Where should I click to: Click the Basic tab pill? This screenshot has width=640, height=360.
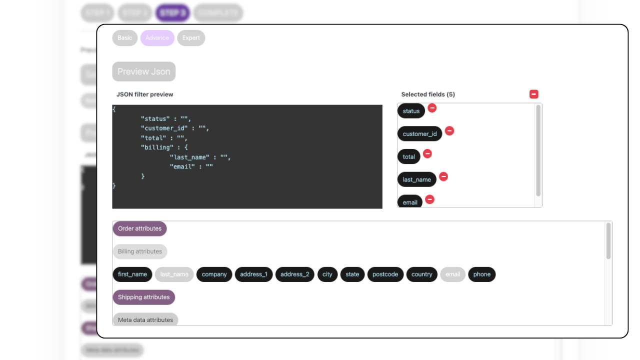(x=125, y=38)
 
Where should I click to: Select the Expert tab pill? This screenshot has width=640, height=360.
(x=191, y=38)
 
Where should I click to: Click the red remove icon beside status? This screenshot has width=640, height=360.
(x=432, y=108)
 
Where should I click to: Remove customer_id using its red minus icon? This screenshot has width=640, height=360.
(x=449, y=131)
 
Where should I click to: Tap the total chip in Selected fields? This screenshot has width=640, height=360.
(x=409, y=156)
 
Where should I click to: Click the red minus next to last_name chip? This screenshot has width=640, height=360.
(x=443, y=176)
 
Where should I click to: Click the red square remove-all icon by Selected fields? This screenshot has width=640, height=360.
(x=534, y=94)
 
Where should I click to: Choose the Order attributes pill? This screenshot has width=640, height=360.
(x=139, y=228)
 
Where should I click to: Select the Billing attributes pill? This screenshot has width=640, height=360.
(x=140, y=251)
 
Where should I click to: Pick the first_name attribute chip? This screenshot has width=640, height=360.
(x=132, y=274)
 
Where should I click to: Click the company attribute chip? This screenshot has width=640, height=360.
(x=214, y=274)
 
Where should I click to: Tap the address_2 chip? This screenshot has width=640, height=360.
(x=294, y=274)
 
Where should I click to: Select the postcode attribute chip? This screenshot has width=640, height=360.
(x=385, y=274)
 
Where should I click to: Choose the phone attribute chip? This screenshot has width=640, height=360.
(x=482, y=274)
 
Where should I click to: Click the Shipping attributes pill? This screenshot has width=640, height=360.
(x=143, y=297)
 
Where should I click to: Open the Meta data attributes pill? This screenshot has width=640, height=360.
(x=145, y=319)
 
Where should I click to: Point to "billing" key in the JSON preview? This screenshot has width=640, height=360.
(x=154, y=147)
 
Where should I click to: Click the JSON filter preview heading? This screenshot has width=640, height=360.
(x=145, y=94)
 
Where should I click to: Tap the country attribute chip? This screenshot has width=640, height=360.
(x=421, y=274)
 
